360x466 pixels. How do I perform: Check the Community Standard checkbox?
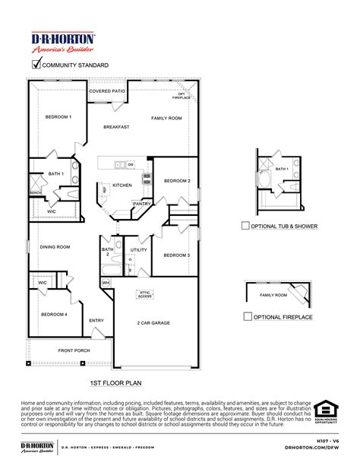35,65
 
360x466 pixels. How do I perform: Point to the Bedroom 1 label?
58,117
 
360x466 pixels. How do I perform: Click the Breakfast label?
115,127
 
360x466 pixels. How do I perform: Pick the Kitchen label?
122,185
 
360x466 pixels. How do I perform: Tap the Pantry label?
141,203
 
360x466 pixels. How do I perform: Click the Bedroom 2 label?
177,181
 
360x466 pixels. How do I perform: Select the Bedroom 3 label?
177,255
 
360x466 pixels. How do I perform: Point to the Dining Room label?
55,246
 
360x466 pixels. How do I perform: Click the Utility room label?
138,249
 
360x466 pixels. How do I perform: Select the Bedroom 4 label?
53,314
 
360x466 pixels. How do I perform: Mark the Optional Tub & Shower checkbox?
245,226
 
